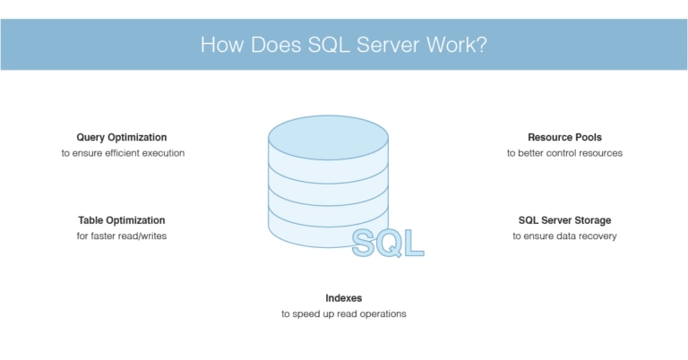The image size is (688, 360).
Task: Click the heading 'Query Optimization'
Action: [x=122, y=137]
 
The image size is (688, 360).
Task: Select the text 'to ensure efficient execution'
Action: [x=123, y=153]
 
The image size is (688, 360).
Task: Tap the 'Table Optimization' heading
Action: [x=122, y=220]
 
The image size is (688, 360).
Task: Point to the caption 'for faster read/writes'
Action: [x=122, y=236]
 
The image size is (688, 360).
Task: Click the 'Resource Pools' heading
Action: [x=564, y=137]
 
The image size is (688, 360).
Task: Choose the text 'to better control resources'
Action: [x=564, y=153]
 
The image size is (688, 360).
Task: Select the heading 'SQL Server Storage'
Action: [x=564, y=220]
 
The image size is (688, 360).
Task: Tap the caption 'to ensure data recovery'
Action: [x=564, y=236]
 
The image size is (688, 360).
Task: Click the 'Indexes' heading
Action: [x=344, y=298]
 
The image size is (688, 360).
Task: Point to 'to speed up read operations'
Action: [x=344, y=314]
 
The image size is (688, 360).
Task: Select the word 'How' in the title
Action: [x=222, y=45]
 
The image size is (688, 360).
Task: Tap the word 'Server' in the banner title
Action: [x=388, y=45]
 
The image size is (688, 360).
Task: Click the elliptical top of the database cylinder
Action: [x=328, y=138]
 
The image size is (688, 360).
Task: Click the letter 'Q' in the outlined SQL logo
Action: [x=390, y=243]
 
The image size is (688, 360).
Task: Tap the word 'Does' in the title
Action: [x=276, y=45]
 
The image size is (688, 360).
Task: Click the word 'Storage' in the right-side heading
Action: [x=592, y=220]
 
